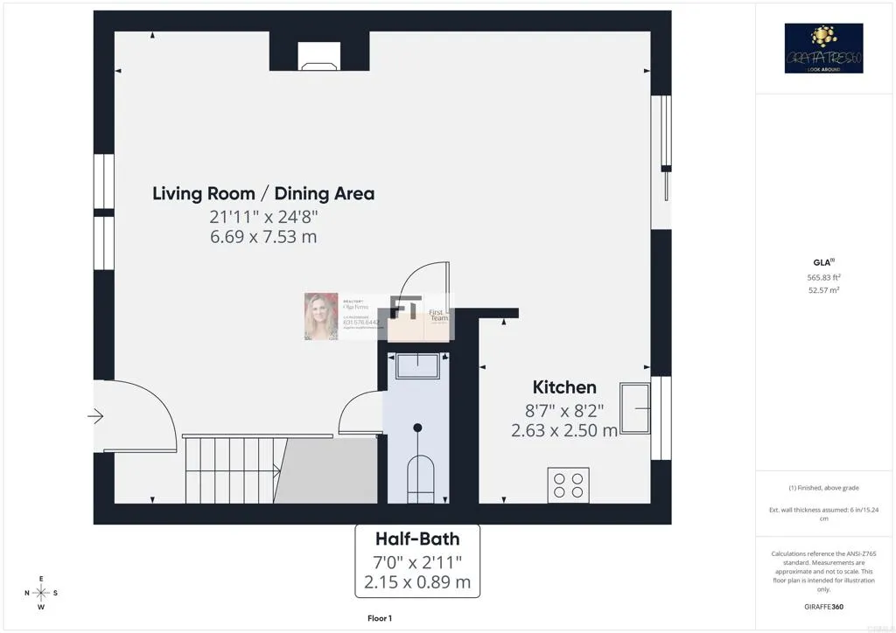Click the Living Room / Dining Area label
(x=263, y=193)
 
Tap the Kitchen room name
(x=564, y=387)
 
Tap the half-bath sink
(x=417, y=365)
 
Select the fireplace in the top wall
(x=319, y=56)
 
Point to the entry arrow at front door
(x=95, y=416)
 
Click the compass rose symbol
(x=41, y=593)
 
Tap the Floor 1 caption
(x=379, y=618)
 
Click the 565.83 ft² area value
(x=822, y=277)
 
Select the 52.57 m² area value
(x=822, y=290)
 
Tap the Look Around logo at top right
(x=823, y=48)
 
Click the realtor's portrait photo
(x=320, y=316)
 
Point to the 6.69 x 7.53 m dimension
(x=262, y=237)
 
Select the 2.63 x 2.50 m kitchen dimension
(x=564, y=430)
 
